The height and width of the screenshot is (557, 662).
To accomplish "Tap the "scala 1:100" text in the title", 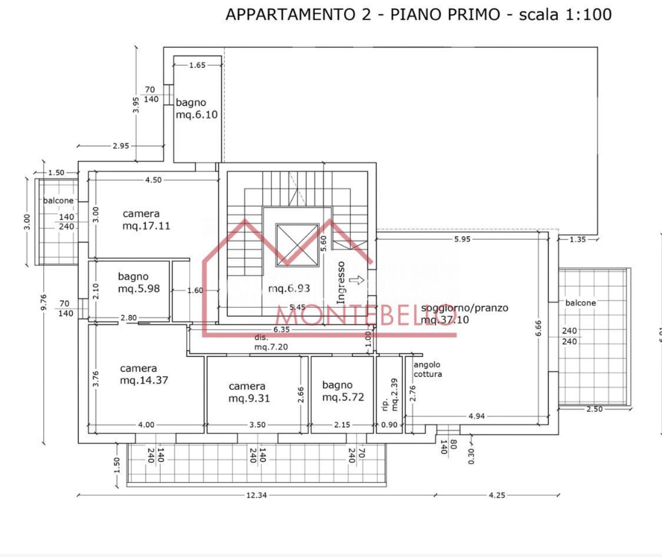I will (565, 15).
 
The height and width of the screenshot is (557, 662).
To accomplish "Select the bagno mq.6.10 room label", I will (197, 109).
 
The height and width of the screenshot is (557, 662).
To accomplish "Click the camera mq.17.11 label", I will (146, 219).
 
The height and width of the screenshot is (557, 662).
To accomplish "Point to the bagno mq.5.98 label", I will (138, 282).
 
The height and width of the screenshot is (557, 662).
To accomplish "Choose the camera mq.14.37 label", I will (144, 374).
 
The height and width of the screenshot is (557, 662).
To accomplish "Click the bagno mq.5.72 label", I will (342, 391).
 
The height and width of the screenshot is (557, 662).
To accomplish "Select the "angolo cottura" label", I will (427, 369).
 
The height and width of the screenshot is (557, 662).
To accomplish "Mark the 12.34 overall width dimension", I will (256, 495).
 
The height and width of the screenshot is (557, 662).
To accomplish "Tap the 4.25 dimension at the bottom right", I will (497, 495).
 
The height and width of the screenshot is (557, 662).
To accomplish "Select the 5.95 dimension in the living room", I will (462, 239).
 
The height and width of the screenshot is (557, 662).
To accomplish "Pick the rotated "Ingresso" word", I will (341, 283).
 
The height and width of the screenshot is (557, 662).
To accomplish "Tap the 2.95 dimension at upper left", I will (120, 146).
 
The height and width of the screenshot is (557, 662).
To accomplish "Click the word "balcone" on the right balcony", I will (580, 303).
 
